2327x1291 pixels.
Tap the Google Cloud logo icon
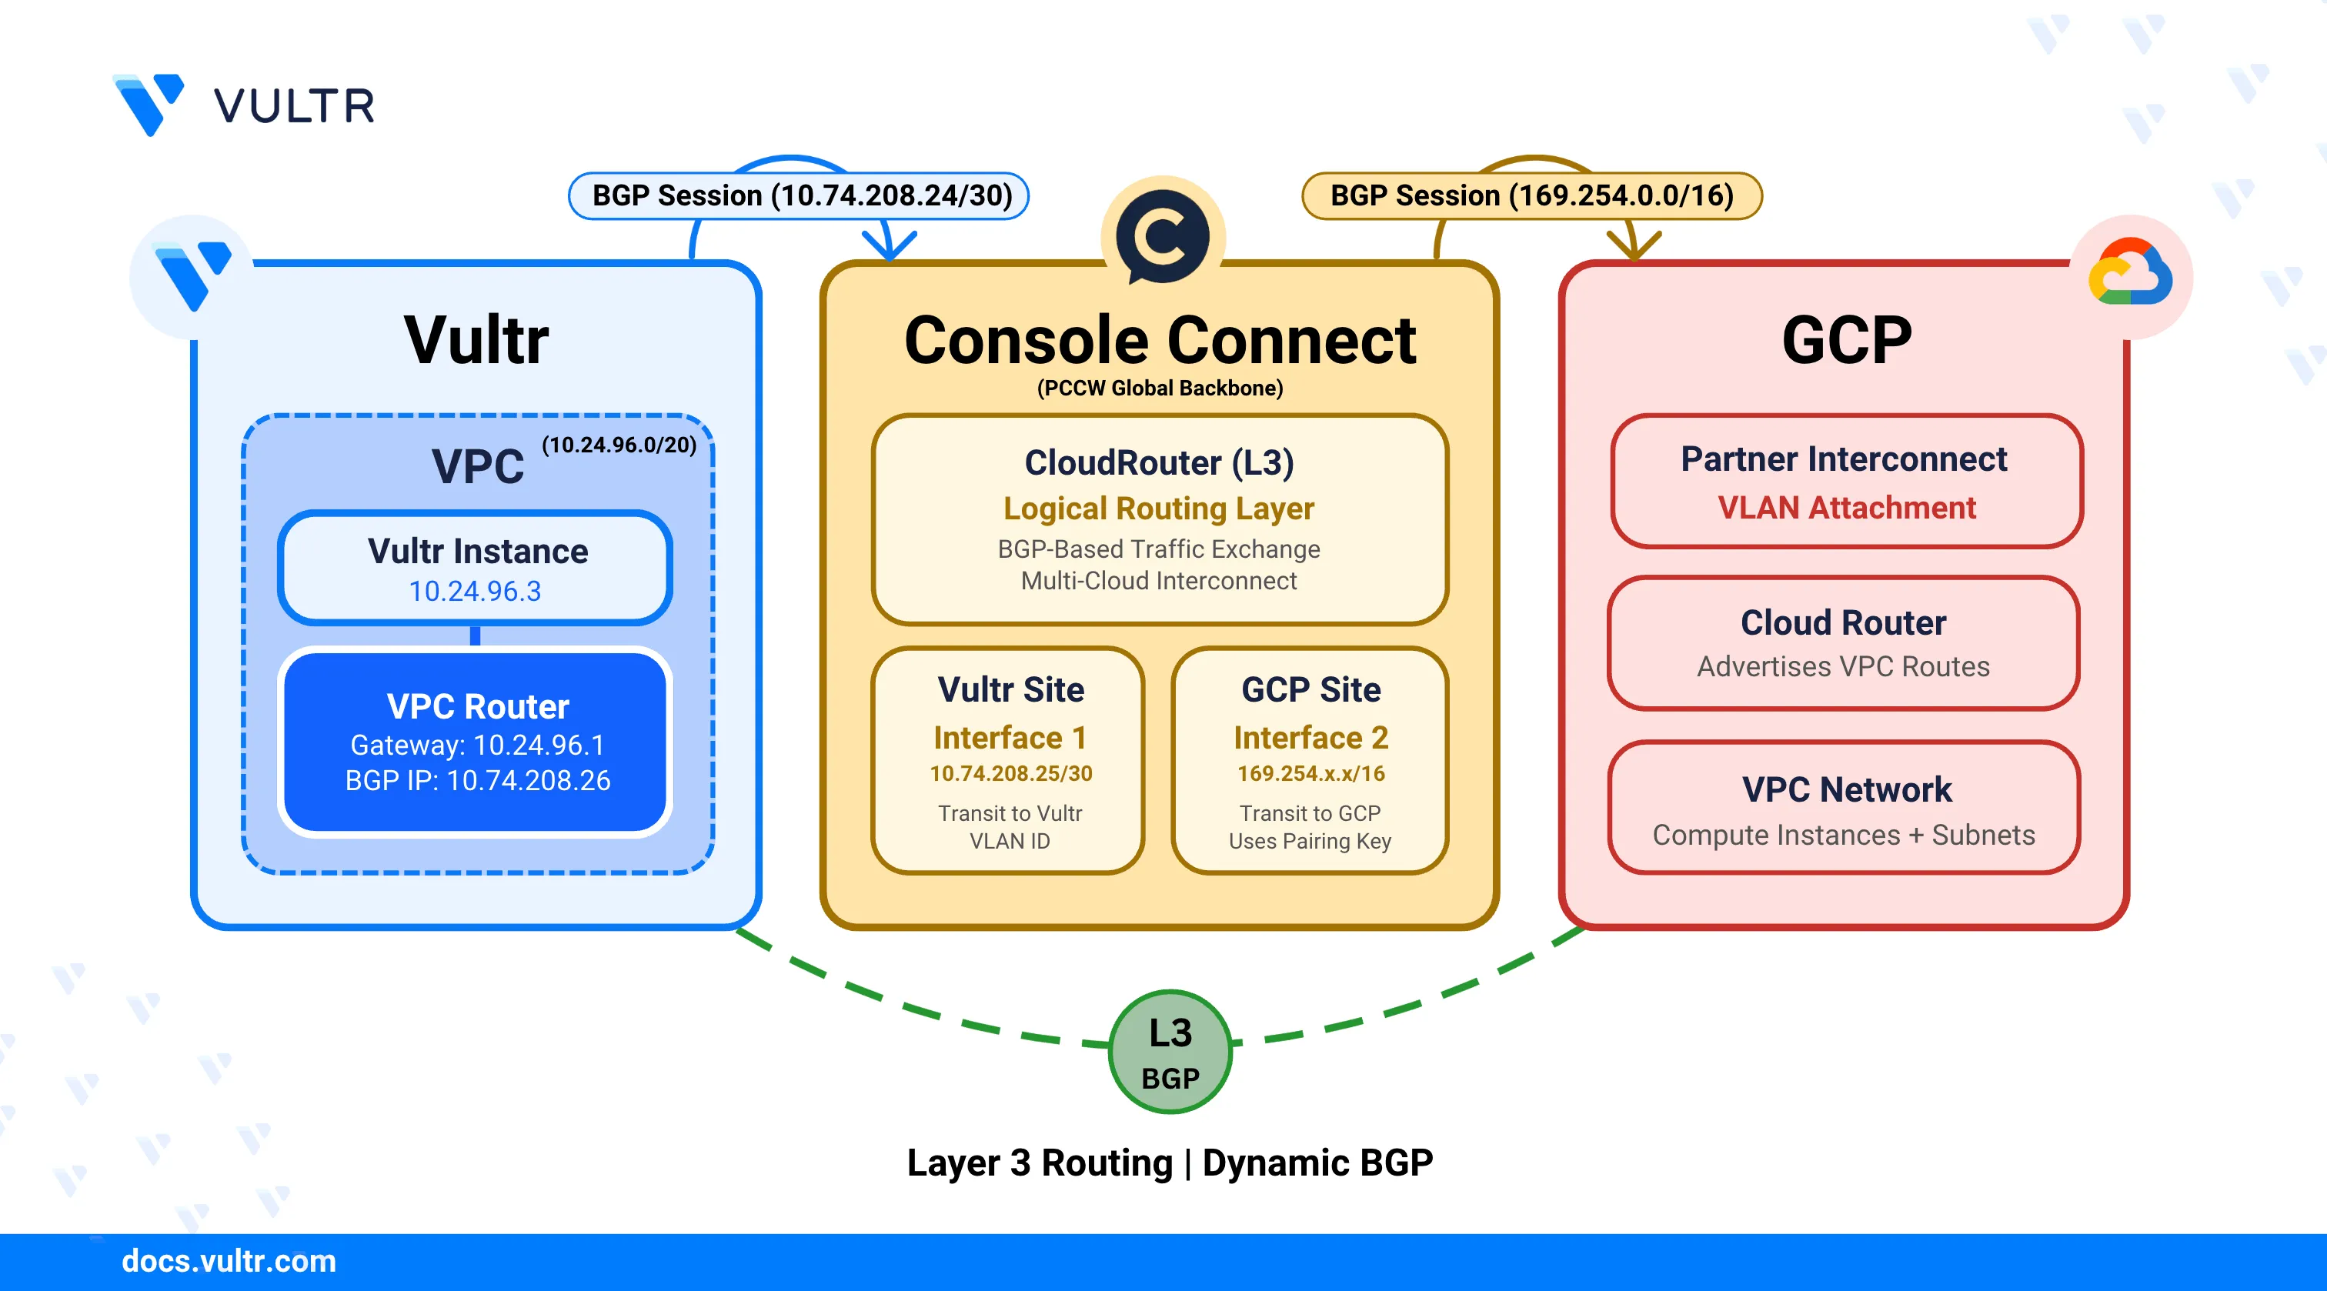click(x=2130, y=273)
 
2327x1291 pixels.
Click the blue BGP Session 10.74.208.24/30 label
click(x=800, y=196)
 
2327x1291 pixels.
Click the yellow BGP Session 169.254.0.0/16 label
click(x=1531, y=196)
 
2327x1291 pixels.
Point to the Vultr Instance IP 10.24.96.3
click(x=474, y=591)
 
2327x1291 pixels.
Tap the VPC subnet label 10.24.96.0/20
click(x=619, y=445)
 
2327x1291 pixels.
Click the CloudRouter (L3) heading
click(x=1159, y=462)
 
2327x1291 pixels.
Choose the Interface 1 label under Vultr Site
click(x=1010, y=737)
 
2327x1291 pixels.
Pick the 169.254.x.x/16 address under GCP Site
click(x=1310, y=773)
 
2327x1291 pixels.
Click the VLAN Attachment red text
click(x=1846, y=508)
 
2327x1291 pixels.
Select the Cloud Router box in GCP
click(x=1843, y=643)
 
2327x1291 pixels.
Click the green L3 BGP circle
click(x=1170, y=1052)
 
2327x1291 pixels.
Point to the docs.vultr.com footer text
click(x=229, y=1260)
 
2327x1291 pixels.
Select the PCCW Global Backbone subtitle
click(x=1159, y=389)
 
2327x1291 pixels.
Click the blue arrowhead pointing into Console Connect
click(x=889, y=245)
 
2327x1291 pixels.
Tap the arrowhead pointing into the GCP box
click(x=1633, y=245)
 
